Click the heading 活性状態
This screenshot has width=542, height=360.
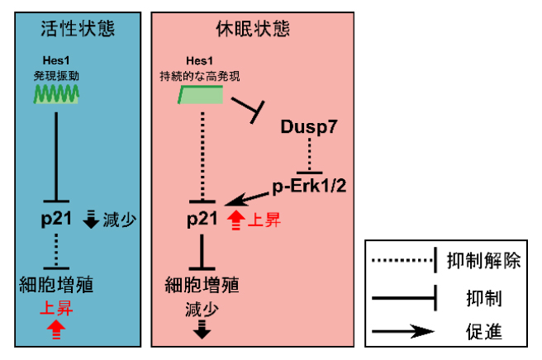pos(77,29)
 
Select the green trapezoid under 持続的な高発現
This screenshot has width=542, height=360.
pos(201,96)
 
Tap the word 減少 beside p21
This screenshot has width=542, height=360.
pos(121,220)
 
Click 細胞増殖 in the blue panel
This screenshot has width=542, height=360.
pos(55,286)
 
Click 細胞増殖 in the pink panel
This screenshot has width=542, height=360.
pos(202,286)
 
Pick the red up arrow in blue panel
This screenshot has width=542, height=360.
pos(55,329)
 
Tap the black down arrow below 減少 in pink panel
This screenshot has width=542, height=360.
pos(202,329)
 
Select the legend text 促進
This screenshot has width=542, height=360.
pos(483,332)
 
